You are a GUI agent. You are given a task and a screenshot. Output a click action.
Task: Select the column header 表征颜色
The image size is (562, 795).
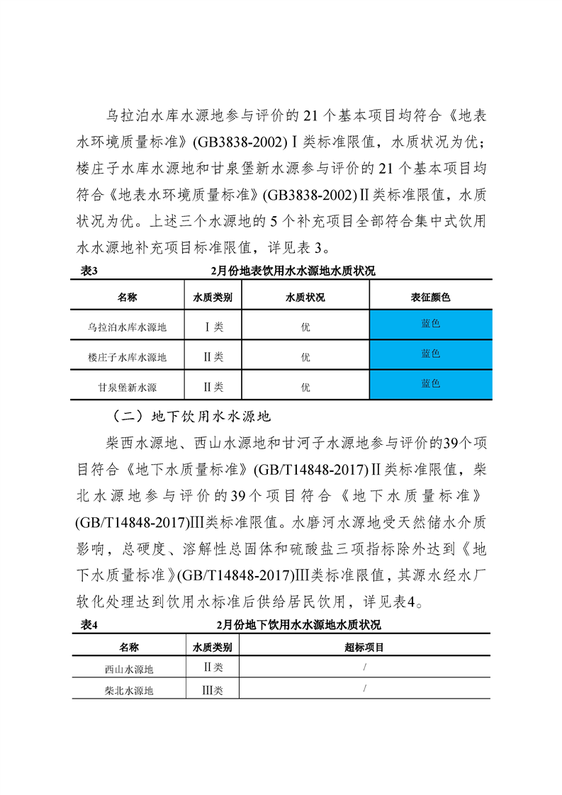pos(431,298)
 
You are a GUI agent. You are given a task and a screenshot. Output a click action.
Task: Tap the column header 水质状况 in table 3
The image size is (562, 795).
pos(305,298)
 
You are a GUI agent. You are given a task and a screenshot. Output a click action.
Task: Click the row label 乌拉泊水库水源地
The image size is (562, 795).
pos(128,327)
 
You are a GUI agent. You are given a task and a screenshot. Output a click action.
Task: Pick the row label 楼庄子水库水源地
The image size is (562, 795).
pos(128,357)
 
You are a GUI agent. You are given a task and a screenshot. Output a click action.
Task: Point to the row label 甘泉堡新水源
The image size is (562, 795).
pos(128,387)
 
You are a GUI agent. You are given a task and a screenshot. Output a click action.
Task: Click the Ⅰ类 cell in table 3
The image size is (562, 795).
pos(213,327)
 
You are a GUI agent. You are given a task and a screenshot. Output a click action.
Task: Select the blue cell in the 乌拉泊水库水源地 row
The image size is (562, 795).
pos(431,325)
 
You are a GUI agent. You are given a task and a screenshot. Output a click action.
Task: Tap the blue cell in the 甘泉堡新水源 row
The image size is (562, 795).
pos(431,385)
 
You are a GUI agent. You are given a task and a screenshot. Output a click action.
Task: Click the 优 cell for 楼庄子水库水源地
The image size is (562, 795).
pos(305,357)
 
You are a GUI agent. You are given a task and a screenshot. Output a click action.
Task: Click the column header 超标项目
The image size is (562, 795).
pos(364,646)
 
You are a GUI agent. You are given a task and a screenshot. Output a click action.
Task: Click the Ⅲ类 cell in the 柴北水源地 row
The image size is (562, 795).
pos(213,690)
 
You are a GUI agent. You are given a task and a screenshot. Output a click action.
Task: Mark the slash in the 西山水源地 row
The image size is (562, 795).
pos(364,667)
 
